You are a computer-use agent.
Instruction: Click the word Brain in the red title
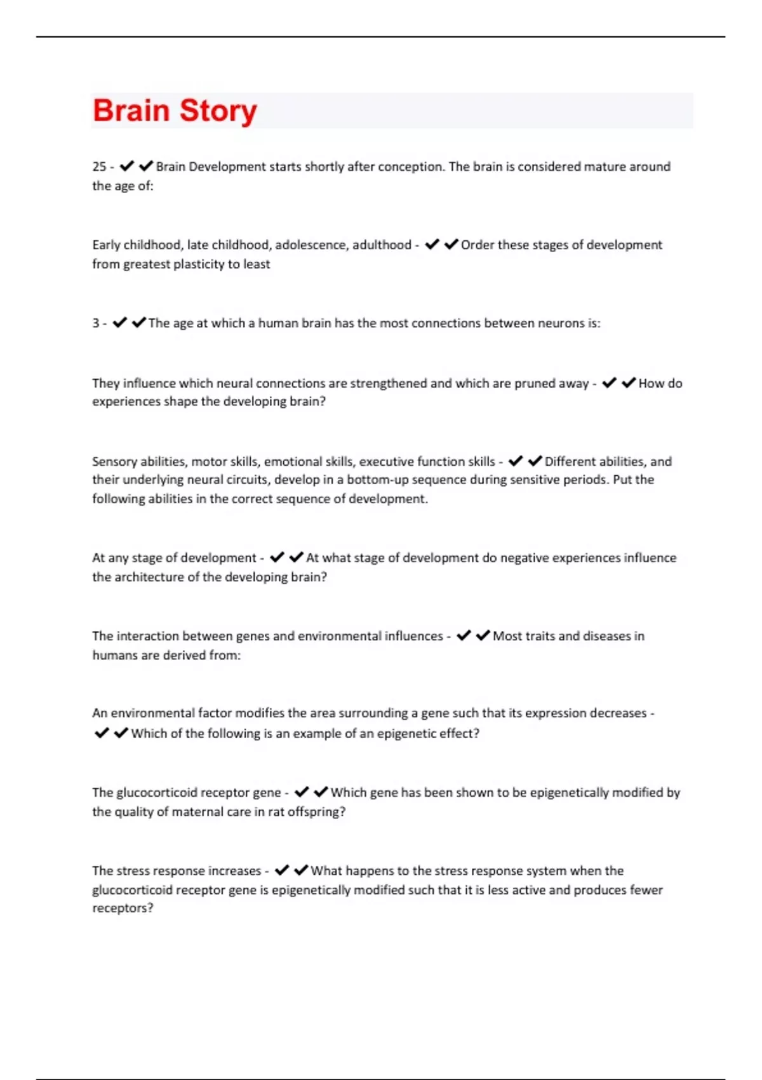[x=131, y=111]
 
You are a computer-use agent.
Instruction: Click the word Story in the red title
[x=218, y=112]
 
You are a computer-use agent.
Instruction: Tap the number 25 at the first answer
[x=99, y=166]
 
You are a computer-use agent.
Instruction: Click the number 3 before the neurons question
[x=95, y=323]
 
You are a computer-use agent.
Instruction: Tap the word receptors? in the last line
[x=123, y=908]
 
